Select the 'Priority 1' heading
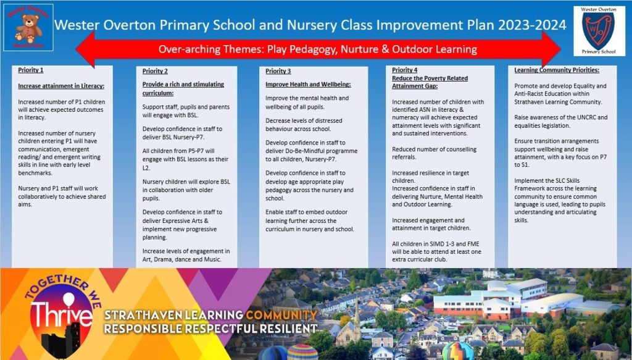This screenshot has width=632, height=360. point(31,70)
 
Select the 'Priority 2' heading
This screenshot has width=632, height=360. point(155,71)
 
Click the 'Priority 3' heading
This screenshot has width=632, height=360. point(278,71)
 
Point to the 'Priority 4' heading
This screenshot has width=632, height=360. point(404,70)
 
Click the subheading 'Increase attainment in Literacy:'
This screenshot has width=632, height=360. point(61,86)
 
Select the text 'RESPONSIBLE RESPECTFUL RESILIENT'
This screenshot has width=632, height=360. point(210,329)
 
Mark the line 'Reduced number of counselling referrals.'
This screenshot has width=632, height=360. point(428,153)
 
